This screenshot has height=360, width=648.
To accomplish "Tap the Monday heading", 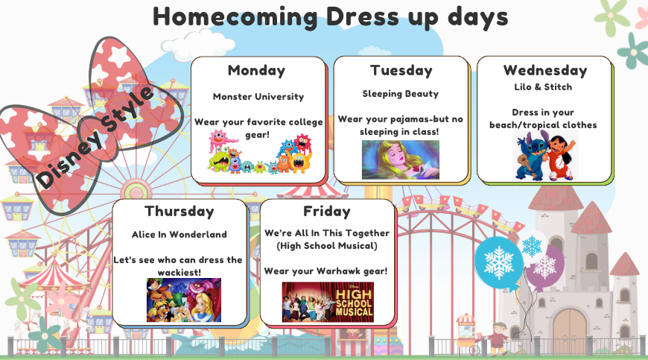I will coord(256,71).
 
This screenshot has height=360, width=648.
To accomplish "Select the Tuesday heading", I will coord(401,71).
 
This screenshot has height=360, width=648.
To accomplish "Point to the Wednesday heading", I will coord(545,71).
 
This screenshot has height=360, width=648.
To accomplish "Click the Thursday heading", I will coord(179,212).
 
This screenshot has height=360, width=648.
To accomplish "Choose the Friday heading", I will coord(326,212).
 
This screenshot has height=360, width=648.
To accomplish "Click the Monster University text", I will coord(258,97).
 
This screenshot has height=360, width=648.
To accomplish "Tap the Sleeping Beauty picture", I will coord(400,160).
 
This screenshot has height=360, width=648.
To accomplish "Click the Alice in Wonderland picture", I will coord(183,300).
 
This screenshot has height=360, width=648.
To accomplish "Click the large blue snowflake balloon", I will coord(498,262).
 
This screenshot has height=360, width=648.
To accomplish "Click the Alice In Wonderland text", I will coord(179,234).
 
